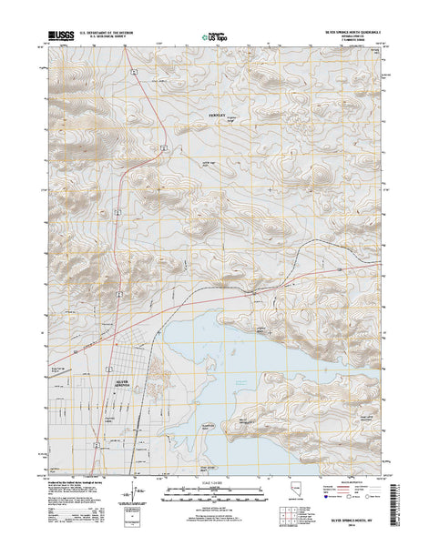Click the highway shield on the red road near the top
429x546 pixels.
click(133, 69)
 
